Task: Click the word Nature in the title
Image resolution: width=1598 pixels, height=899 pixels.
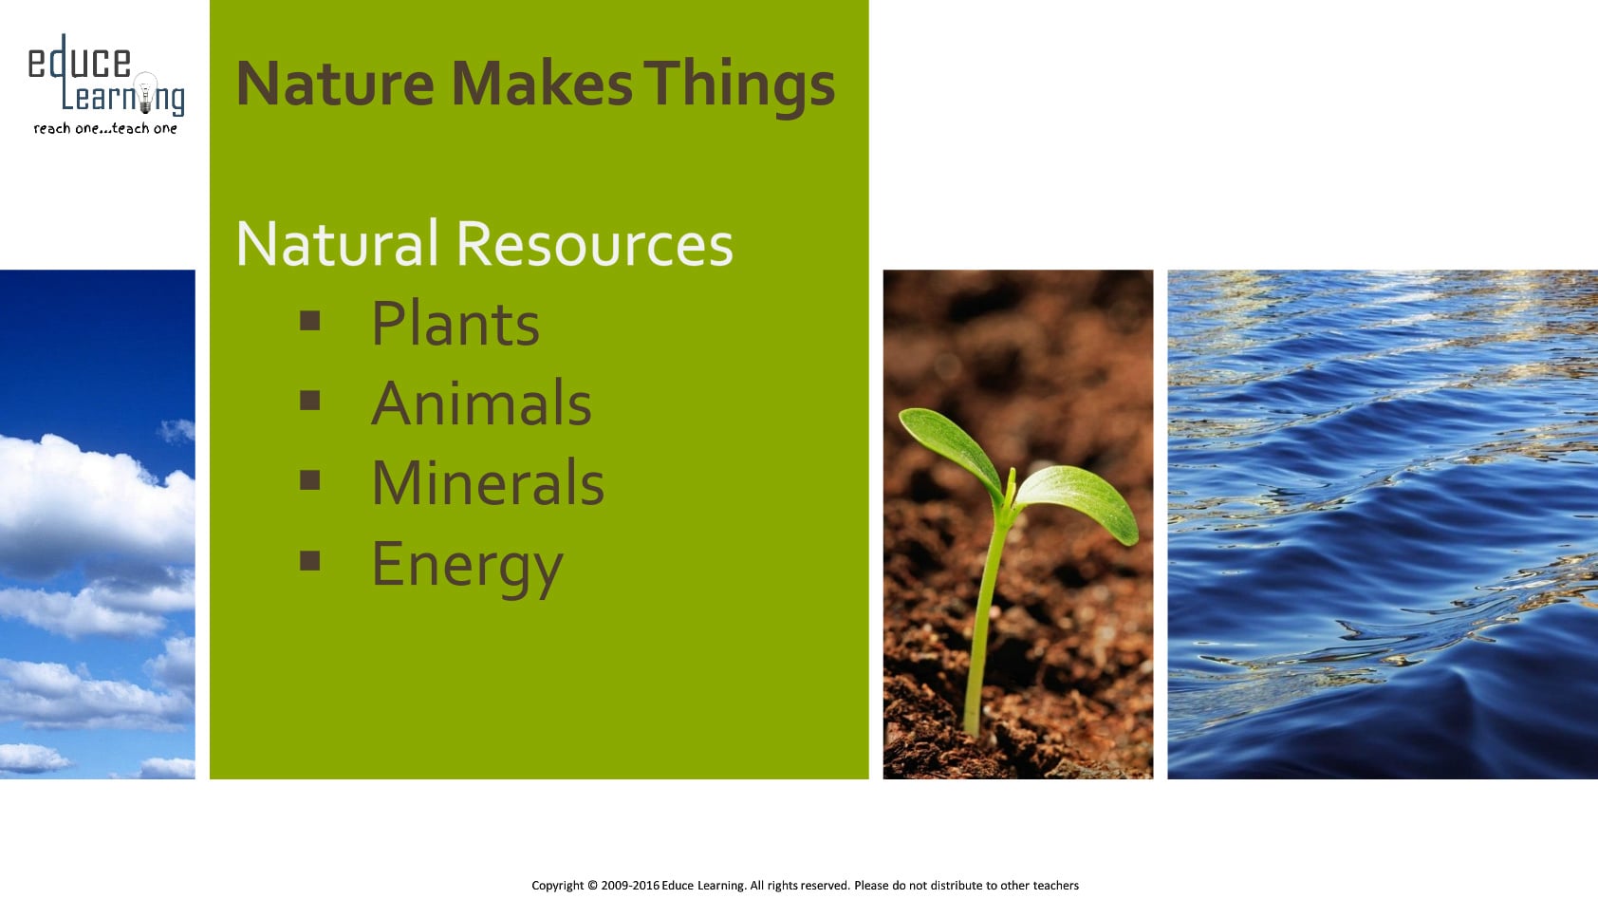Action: [x=335, y=84]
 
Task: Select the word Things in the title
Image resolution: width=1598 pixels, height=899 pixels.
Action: [x=739, y=87]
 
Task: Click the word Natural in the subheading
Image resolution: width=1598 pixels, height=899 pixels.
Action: [x=337, y=243]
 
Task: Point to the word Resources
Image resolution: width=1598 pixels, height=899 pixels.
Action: [x=594, y=244]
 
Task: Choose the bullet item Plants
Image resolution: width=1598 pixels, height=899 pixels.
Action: [x=455, y=324]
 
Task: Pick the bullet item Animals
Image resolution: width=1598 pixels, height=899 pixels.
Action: [x=481, y=403]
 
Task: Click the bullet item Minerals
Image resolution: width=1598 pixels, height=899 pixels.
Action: [x=488, y=483]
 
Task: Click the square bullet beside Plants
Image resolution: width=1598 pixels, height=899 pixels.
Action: [x=309, y=321]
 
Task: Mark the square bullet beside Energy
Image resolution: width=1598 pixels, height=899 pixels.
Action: [x=309, y=561]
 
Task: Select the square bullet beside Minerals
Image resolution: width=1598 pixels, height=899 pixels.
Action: [x=309, y=480]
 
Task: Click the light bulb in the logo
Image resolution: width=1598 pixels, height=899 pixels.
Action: [x=145, y=92]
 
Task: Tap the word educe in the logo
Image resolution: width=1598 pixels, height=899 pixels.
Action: [x=79, y=62]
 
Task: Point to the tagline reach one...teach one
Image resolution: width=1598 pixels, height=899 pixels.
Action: [x=105, y=128]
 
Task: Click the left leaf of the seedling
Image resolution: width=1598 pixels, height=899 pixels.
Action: [x=951, y=448]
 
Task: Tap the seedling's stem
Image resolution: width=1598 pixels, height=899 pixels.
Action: [x=987, y=612]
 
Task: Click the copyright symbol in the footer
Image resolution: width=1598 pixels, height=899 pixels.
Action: [x=592, y=886]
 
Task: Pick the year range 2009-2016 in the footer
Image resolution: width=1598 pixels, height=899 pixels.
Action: [x=630, y=886]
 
